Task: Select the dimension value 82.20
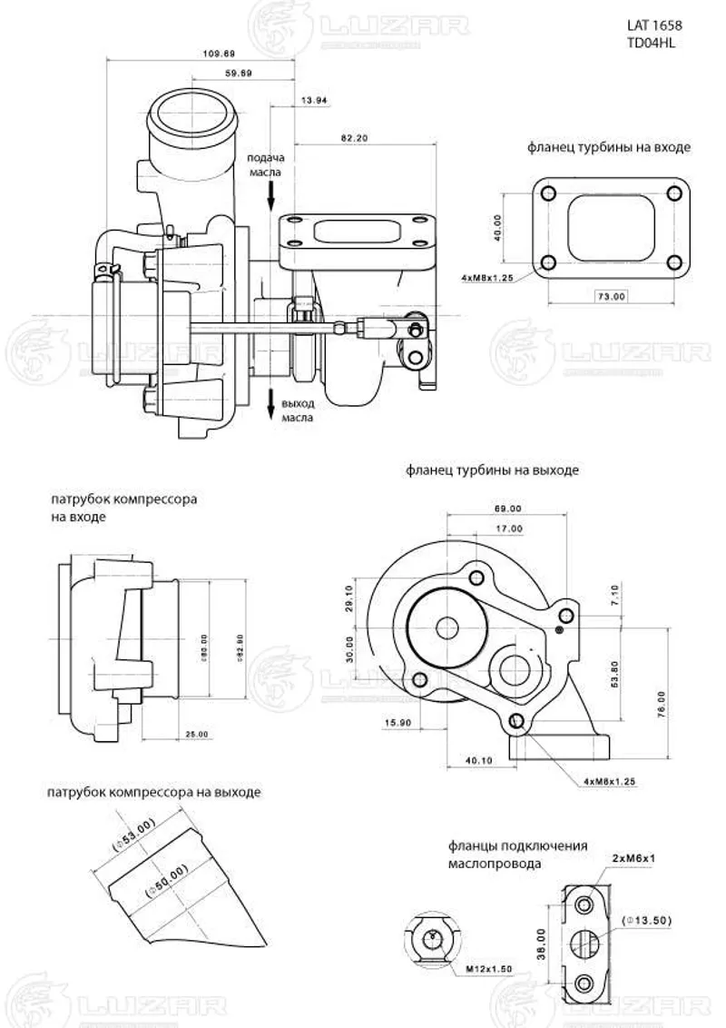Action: coord(355,138)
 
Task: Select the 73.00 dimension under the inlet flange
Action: coord(611,296)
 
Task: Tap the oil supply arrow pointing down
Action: coord(271,193)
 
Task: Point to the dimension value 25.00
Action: coord(196,733)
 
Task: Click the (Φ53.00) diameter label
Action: coord(135,835)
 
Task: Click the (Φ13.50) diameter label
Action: coord(647,921)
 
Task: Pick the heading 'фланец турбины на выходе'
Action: coord(493,471)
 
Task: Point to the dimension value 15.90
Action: coord(397,722)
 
